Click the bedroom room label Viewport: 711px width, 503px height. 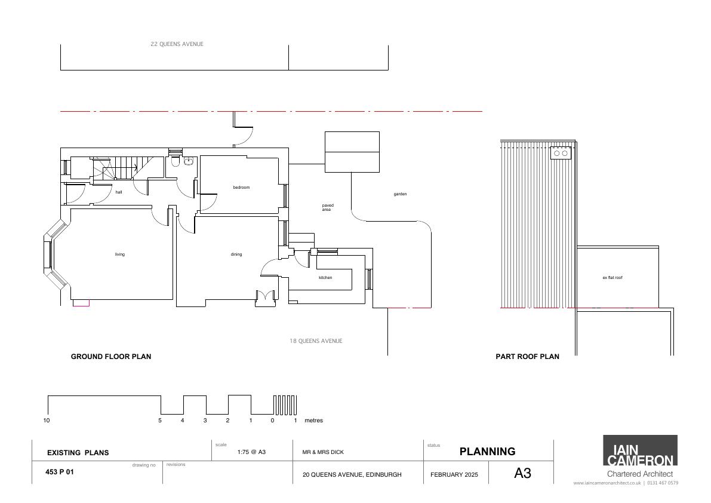coord(241,188)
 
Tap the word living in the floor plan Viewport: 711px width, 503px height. coord(120,254)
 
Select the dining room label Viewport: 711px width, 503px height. coord(236,254)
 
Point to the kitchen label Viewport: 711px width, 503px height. coord(325,278)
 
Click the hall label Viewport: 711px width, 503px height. coord(119,192)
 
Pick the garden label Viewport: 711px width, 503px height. coord(401,194)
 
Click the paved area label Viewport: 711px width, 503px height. coord(327,207)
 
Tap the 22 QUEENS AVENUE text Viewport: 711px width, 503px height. coord(177,44)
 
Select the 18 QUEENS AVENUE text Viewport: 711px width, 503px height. coord(316,341)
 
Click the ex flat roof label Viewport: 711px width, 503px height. coord(612,278)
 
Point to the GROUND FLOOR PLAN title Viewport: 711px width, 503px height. coord(111,357)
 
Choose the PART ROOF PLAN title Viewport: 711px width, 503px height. coord(527,357)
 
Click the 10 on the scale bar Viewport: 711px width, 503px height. coord(46,421)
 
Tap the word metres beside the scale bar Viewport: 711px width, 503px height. coord(314,421)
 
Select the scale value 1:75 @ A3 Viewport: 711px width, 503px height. coord(252,452)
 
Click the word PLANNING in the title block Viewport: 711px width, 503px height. coord(488,451)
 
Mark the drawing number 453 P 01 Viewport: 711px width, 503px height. coord(60,472)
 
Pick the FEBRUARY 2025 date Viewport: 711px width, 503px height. coord(454,475)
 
